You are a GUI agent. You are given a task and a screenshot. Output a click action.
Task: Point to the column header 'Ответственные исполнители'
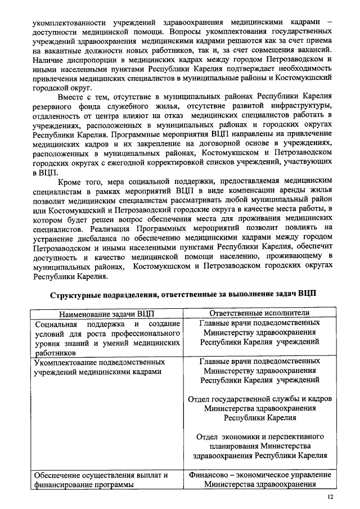[x=259, y=313]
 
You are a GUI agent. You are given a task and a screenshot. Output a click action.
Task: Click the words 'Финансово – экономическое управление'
[x=259, y=475]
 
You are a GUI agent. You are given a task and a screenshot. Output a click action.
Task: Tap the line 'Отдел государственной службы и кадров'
[x=259, y=399]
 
